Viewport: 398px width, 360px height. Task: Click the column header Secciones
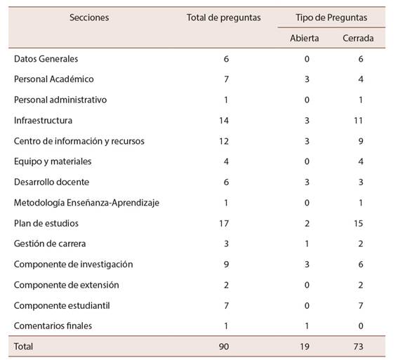point(89,18)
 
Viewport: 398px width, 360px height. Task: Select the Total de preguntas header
point(224,18)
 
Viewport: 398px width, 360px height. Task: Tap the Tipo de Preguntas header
point(331,18)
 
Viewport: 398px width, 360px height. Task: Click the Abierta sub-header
point(305,39)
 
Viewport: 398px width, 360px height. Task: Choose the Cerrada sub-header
point(358,39)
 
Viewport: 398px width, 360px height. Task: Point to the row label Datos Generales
point(46,59)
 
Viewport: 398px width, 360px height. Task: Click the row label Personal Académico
point(54,79)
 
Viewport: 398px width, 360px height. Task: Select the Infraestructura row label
point(43,120)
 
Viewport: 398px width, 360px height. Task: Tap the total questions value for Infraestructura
point(224,121)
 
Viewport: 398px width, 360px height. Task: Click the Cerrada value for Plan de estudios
point(358,224)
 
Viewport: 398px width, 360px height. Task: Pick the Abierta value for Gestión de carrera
point(307,244)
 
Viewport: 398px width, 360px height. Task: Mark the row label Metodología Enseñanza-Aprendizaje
point(86,203)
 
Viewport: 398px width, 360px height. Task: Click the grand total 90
point(224,347)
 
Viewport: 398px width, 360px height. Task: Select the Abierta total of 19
point(305,347)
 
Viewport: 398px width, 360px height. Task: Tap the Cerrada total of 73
point(358,347)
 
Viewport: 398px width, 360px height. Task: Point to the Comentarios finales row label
point(53,326)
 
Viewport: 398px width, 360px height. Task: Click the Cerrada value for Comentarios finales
point(361,326)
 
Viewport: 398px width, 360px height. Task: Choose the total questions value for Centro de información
point(224,141)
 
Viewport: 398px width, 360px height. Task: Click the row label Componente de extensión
point(66,285)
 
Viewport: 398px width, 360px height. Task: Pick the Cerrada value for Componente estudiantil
point(361,306)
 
